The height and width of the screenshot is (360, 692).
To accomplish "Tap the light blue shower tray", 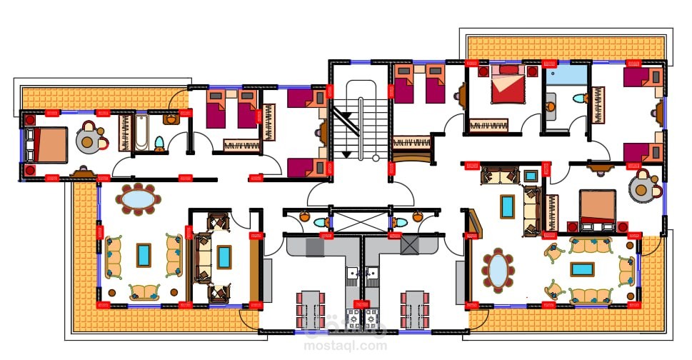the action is coord(566,76).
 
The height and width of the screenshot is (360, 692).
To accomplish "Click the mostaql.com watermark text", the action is coord(345,345).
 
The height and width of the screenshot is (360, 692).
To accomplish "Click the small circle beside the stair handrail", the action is coord(376,158).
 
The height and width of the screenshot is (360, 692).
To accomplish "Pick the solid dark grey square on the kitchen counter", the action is coord(315,246).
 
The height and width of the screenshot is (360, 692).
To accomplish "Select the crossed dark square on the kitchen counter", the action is coord(409,245).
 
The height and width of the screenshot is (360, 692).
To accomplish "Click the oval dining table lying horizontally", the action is coord(139,199).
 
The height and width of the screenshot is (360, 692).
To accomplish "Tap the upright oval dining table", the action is coord(498,271).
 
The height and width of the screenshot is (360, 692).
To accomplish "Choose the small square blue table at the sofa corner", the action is coord(531,176).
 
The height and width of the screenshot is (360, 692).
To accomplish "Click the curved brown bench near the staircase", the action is coord(412,156).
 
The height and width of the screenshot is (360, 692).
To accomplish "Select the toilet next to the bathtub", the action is coord(159,143).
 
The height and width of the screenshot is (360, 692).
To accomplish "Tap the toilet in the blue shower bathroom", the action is coord(579,98).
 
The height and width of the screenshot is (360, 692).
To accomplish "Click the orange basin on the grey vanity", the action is coord(551,106).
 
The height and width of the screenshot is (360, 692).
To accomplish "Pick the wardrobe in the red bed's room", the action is coord(488,125).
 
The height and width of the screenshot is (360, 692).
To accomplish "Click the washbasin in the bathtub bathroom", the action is coord(171,119).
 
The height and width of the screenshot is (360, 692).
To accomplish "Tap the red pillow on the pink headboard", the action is coord(508,69).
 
